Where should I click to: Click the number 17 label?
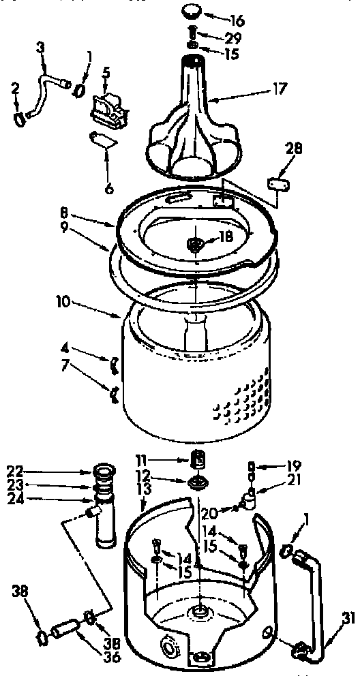coord(261,88)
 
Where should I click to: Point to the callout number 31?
coord(348,619)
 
